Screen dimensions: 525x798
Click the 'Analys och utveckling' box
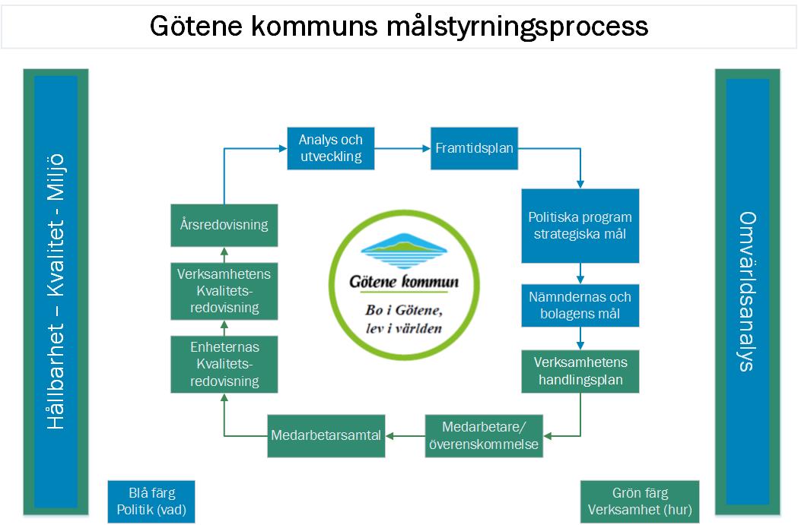[x=330, y=149]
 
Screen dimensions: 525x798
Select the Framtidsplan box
[x=474, y=149]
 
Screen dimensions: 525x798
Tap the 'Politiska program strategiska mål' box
[x=580, y=226]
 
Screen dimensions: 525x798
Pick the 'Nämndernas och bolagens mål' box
[x=580, y=305]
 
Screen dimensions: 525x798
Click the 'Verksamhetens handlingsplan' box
[x=580, y=371]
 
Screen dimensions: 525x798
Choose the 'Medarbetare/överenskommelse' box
[x=483, y=436]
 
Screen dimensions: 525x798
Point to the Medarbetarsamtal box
[x=326, y=436]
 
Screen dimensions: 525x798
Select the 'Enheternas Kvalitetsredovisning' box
[x=224, y=364]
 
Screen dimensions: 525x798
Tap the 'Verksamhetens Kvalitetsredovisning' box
[x=224, y=290]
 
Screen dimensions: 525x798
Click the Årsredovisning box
[x=224, y=225]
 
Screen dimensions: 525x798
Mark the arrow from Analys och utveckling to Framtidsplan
[x=402, y=149]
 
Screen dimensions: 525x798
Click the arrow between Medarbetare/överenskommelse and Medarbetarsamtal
[x=404, y=436]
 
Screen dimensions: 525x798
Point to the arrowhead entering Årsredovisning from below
[x=224, y=252]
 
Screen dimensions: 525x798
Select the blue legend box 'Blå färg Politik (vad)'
[x=151, y=501]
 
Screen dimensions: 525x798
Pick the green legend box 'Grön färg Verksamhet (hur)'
[x=640, y=501]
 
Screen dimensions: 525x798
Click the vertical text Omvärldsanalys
[x=747, y=290]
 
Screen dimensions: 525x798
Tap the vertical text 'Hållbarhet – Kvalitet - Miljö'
[x=56, y=290]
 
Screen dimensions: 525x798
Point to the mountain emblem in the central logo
[x=404, y=251]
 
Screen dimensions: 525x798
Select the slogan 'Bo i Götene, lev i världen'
[x=404, y=320]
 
